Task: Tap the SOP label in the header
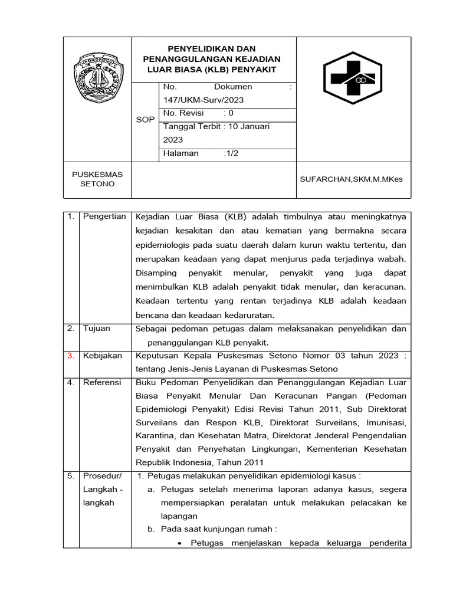[145, 120]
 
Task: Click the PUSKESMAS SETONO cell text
[97, 179]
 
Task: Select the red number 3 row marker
[71, 356]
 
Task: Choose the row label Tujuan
[97, 329]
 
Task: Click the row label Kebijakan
[103, 356]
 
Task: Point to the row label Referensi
[102, 383]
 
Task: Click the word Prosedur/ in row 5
[102, 476]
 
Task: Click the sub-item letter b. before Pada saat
[151, 530]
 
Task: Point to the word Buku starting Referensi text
[146, 383]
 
